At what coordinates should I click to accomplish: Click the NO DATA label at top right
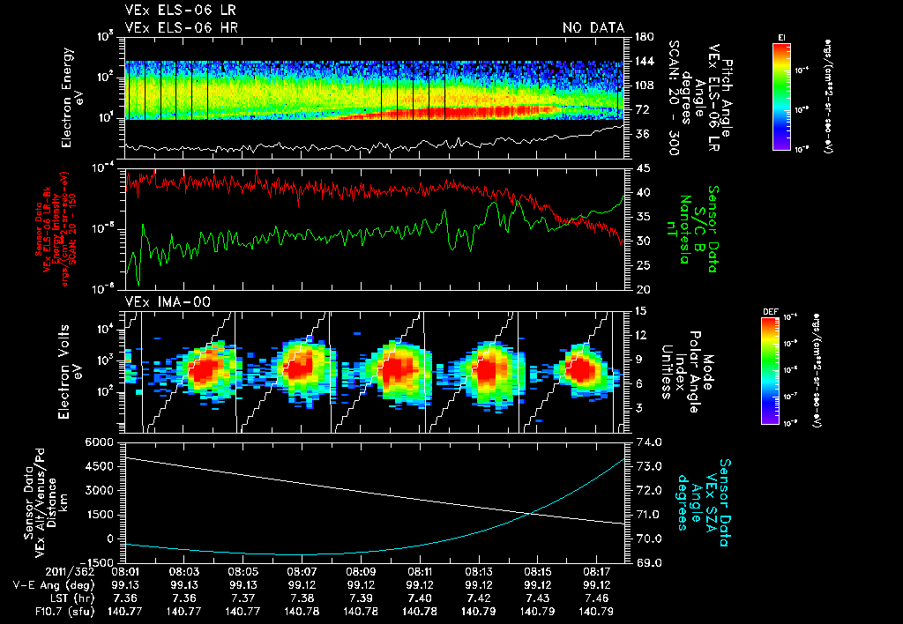pos(593,28)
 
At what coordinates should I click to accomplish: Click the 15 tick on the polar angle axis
pos(641,311)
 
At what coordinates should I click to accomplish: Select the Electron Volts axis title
pos(71,370)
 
